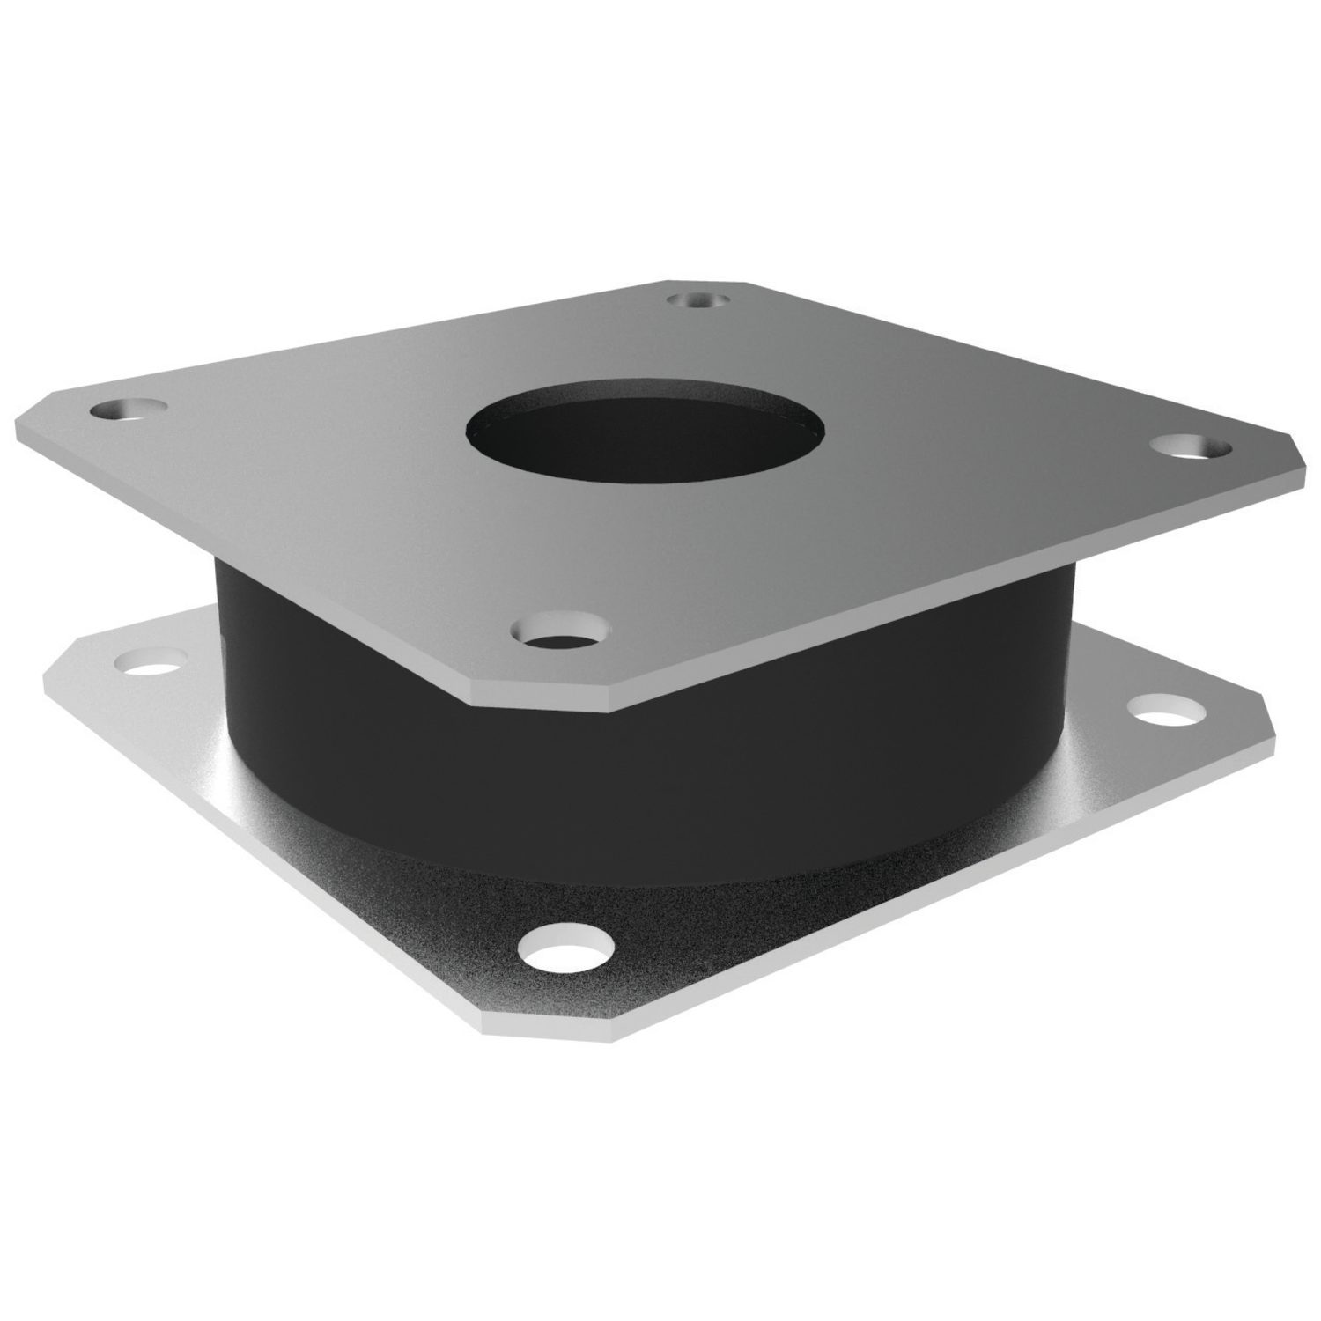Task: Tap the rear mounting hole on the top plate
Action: pos(697,300)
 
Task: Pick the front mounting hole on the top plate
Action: pos(562,631)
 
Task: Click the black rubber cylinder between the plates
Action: pos(643,775)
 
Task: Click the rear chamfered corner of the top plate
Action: pos(705,284)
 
